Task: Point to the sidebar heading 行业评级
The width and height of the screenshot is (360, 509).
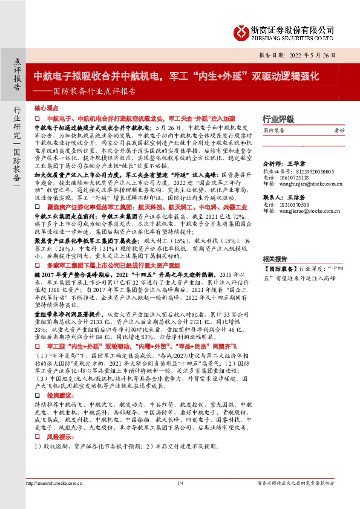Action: tap(278, 118)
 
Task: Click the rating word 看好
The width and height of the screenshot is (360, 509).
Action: tap(339, 130)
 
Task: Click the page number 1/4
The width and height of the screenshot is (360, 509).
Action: tap(180, 483)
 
